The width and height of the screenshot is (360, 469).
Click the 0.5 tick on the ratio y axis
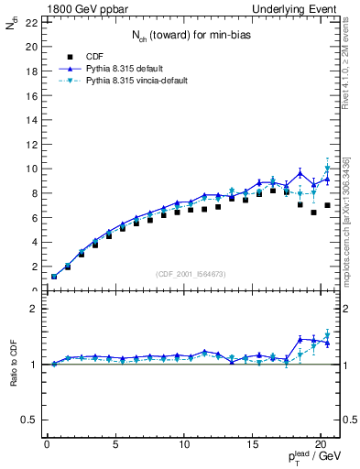[x=28, y=420]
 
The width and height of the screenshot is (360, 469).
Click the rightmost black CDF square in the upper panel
[x=327, y=205]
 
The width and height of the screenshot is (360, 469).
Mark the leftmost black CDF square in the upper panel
[x=54, y=277]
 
